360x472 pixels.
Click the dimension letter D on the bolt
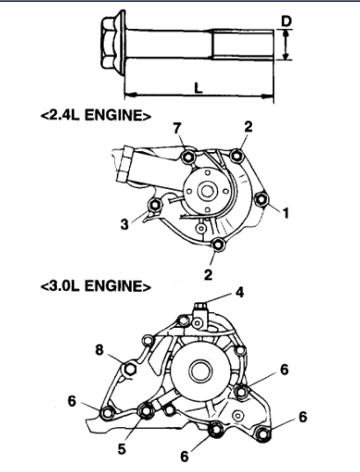click(x=286, y=21)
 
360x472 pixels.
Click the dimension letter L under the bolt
click(x=198, y=88)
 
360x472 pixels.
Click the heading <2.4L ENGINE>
click(x=96, y=115)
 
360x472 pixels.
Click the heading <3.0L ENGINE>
click(x=96, y=286)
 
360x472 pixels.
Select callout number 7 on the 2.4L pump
click(x=177, y=128)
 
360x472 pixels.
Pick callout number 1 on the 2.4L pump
click(x=285, y=213)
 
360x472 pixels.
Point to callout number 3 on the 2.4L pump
click(x=125, y=224)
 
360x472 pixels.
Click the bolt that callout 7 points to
click(x=189, y=156)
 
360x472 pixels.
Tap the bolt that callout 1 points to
click(x=262, y=199)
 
